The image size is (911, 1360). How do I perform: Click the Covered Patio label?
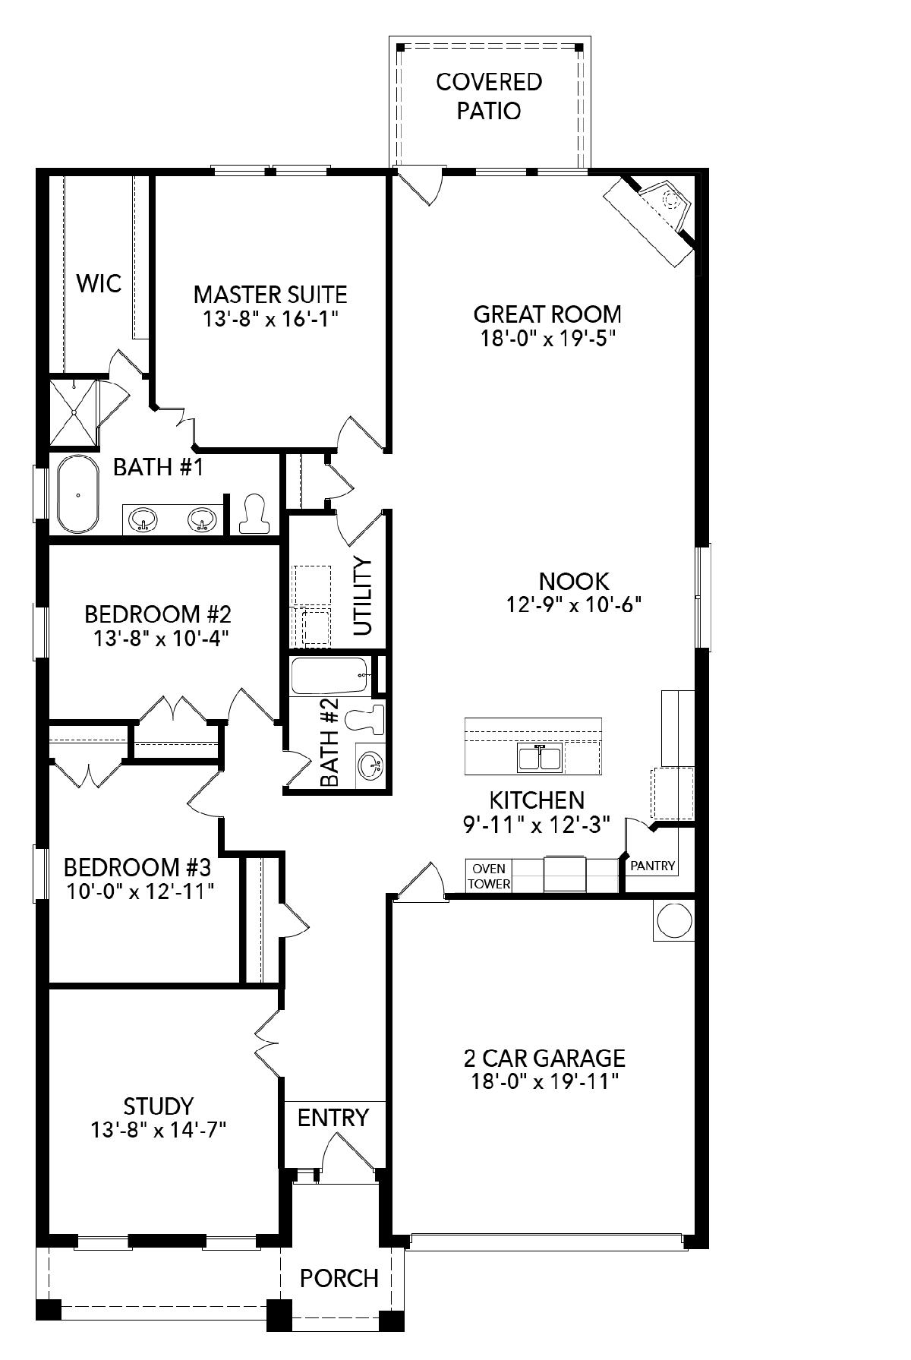(x=489, y=96)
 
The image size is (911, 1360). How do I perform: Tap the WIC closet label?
(x=99, y=283)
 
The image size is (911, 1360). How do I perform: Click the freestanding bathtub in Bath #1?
(x=77, y=494)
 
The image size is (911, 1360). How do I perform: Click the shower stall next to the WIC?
(x=74, y=412)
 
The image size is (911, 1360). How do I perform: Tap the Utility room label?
(x=364, y=596)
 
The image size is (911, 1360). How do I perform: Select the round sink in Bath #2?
(x=370, y=766)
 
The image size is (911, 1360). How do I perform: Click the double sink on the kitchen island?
(x=540, y=758)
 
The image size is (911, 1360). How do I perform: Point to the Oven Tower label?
(x=489, y=876)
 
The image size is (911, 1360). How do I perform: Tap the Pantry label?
(x=652, y=865)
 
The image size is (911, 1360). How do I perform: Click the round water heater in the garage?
(x=673, y=921)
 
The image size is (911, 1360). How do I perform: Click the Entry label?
(x=333, y=1118)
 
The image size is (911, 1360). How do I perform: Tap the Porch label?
(x=339, y=1279)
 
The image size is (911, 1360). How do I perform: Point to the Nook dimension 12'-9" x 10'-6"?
(x=574, y=604)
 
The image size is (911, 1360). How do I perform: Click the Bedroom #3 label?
(x=137, y=866)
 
